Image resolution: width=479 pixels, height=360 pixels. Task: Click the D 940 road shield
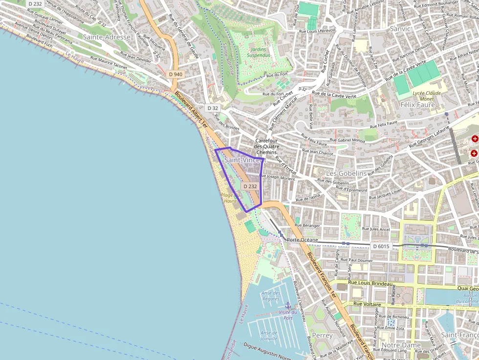click(x=175, y=74)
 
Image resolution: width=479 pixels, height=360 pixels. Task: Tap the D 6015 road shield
click(x=381, y=246)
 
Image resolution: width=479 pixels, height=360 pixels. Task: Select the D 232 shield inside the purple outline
click(x=250, y=187)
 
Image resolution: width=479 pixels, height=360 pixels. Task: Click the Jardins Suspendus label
click(x=259, y=52)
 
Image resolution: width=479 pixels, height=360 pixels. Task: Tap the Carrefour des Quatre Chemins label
click(x=267, y=146)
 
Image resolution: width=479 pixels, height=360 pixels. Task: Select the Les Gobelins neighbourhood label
click(x=346, y=173)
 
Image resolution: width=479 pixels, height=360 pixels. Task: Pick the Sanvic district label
click(x=400, y=29)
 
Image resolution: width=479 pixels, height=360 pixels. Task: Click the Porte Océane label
click(x=303, y=240)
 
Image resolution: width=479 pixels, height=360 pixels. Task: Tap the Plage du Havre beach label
click(x=230, y=198)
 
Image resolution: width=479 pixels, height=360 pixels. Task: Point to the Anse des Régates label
click(x=270, y=296)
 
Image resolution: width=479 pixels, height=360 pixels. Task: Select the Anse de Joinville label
click(x=269, y=336)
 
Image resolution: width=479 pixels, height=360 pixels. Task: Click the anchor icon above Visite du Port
click(x=288, y=305)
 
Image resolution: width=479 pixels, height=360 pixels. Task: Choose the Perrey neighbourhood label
click(x=323, y=336)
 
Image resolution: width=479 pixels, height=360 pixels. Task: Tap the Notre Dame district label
click(x=401, y=345)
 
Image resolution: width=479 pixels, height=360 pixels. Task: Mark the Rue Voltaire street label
click(x=367, y=303)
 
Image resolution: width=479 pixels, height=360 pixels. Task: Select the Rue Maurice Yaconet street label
click(x=109, y=63)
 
